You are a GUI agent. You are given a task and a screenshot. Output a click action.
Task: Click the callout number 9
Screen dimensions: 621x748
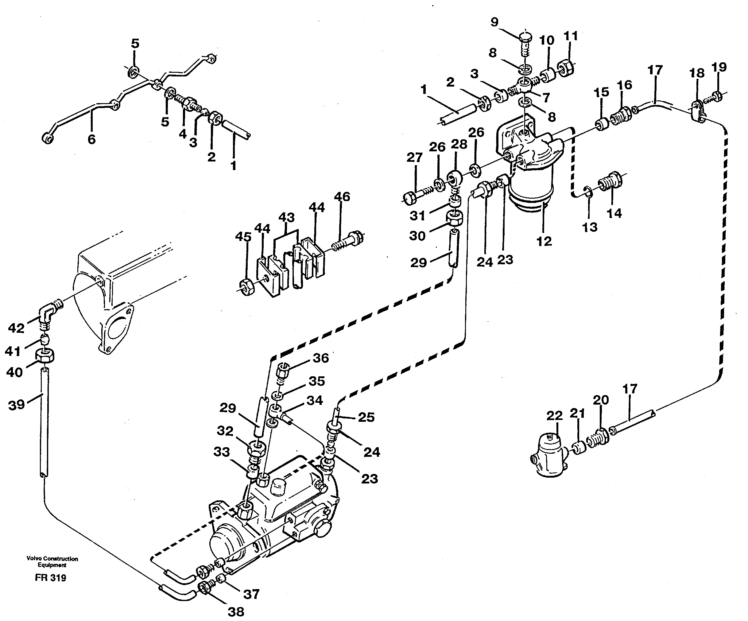tap(494, 22)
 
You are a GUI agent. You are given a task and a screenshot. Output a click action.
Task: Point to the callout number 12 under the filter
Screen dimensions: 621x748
tap(544, 241)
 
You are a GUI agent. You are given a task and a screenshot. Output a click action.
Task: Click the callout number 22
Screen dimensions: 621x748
tap(555, 415)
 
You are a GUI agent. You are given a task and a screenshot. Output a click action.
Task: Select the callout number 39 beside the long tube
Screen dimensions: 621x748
tap(16, 405)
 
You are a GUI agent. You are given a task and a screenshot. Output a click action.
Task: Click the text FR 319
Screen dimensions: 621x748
tap(51, 577)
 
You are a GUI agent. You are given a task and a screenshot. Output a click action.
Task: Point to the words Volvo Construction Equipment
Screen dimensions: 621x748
tap(52, 562)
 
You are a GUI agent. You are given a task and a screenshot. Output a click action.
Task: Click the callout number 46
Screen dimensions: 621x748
tap(342, 197)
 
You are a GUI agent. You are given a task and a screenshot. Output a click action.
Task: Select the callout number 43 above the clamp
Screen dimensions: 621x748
tap(286, 217)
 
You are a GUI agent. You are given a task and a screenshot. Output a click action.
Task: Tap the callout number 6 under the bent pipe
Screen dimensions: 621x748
tap(91, 139)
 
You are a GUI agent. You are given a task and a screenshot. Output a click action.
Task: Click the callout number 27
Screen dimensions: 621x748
tap(414, 157)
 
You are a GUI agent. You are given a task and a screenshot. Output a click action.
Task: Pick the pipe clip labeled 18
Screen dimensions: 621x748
tap(699, 111)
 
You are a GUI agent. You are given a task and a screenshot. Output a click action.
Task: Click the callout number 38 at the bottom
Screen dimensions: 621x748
tap(235, 611)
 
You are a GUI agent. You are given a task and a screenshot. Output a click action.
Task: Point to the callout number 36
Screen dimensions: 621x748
tap(320, 358)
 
